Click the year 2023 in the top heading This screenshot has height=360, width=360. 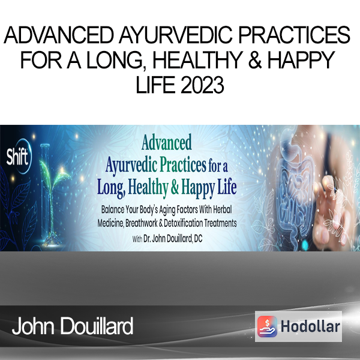(203, 85)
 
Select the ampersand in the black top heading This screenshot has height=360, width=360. (255, 60)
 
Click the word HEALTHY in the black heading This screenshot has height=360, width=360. (197, 60)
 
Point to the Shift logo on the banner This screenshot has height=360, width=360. (18, 156)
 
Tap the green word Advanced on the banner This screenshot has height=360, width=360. (167, 142)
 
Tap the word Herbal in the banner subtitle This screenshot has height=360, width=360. (222, 209)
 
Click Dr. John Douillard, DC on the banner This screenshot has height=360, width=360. (173, 239)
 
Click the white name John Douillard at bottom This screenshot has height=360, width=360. (73, 326)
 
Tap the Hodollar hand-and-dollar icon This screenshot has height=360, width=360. (267, 326)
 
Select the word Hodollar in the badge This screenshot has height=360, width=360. (310, 326)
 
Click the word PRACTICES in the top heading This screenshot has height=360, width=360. (295, 35)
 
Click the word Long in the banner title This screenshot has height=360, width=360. (111, 188)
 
